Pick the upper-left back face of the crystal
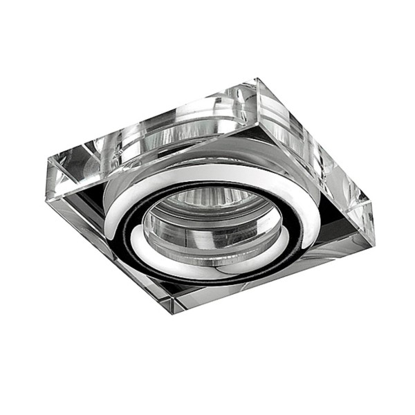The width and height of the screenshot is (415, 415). (x=145, y=124)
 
